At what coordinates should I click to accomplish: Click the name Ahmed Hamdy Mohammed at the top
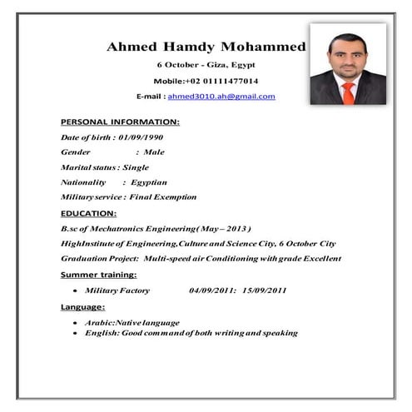[206, 47]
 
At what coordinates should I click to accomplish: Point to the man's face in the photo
[347, 53]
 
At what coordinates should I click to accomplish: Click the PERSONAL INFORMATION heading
[120, 122]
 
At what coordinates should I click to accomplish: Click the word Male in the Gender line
[154, 152]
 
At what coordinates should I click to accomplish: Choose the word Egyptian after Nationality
[148, 182]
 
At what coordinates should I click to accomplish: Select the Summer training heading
[98, 274]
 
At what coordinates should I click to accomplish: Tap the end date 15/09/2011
[265, 290]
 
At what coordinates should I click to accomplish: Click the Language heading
[82, 306]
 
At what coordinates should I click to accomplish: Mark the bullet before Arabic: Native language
[76, 323]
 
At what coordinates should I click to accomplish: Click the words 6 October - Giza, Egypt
[206, 65]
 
